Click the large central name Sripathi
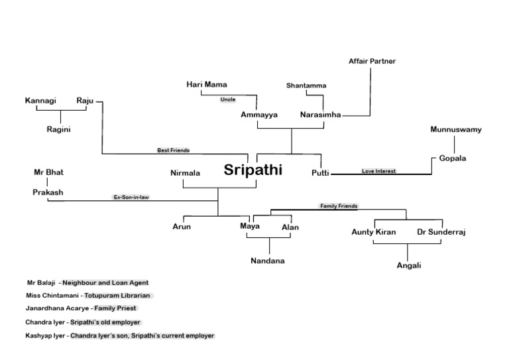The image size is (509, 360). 253,170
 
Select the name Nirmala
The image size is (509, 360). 185,173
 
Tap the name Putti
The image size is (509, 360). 320,173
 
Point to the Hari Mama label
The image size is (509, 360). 206,84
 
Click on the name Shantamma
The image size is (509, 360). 306,86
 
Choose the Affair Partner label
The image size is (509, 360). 372,62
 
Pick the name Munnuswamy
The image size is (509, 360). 455,129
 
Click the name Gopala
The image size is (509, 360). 453,158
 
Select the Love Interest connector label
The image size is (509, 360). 378,171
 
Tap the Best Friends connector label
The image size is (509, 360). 173,150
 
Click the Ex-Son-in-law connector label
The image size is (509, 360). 131,198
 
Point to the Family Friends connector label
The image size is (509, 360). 339,206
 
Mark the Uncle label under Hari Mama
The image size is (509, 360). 227,99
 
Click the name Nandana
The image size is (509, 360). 267,261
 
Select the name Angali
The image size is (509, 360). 408,265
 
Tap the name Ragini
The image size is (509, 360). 58,129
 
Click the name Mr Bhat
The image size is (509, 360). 48,172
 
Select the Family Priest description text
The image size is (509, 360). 115,308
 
